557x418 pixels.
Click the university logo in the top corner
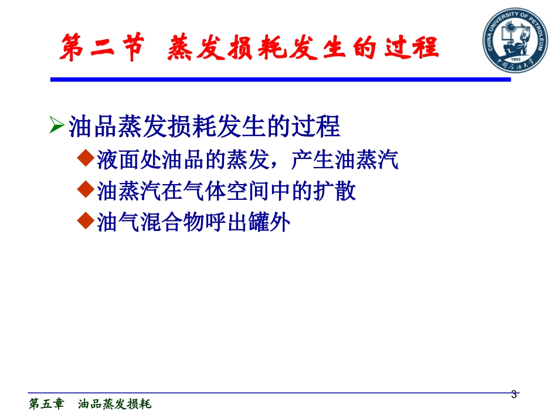coord(514,38)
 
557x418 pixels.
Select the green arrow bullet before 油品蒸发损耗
coord(56,126)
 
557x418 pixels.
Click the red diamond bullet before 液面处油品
coord(86,158)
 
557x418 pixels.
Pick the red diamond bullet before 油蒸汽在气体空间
coord(86,190)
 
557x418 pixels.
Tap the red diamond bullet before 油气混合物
coord(86,222)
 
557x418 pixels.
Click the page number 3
coord(514,395)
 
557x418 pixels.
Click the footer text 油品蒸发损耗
coord(114,405)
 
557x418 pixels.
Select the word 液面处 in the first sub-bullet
coord(125,159)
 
